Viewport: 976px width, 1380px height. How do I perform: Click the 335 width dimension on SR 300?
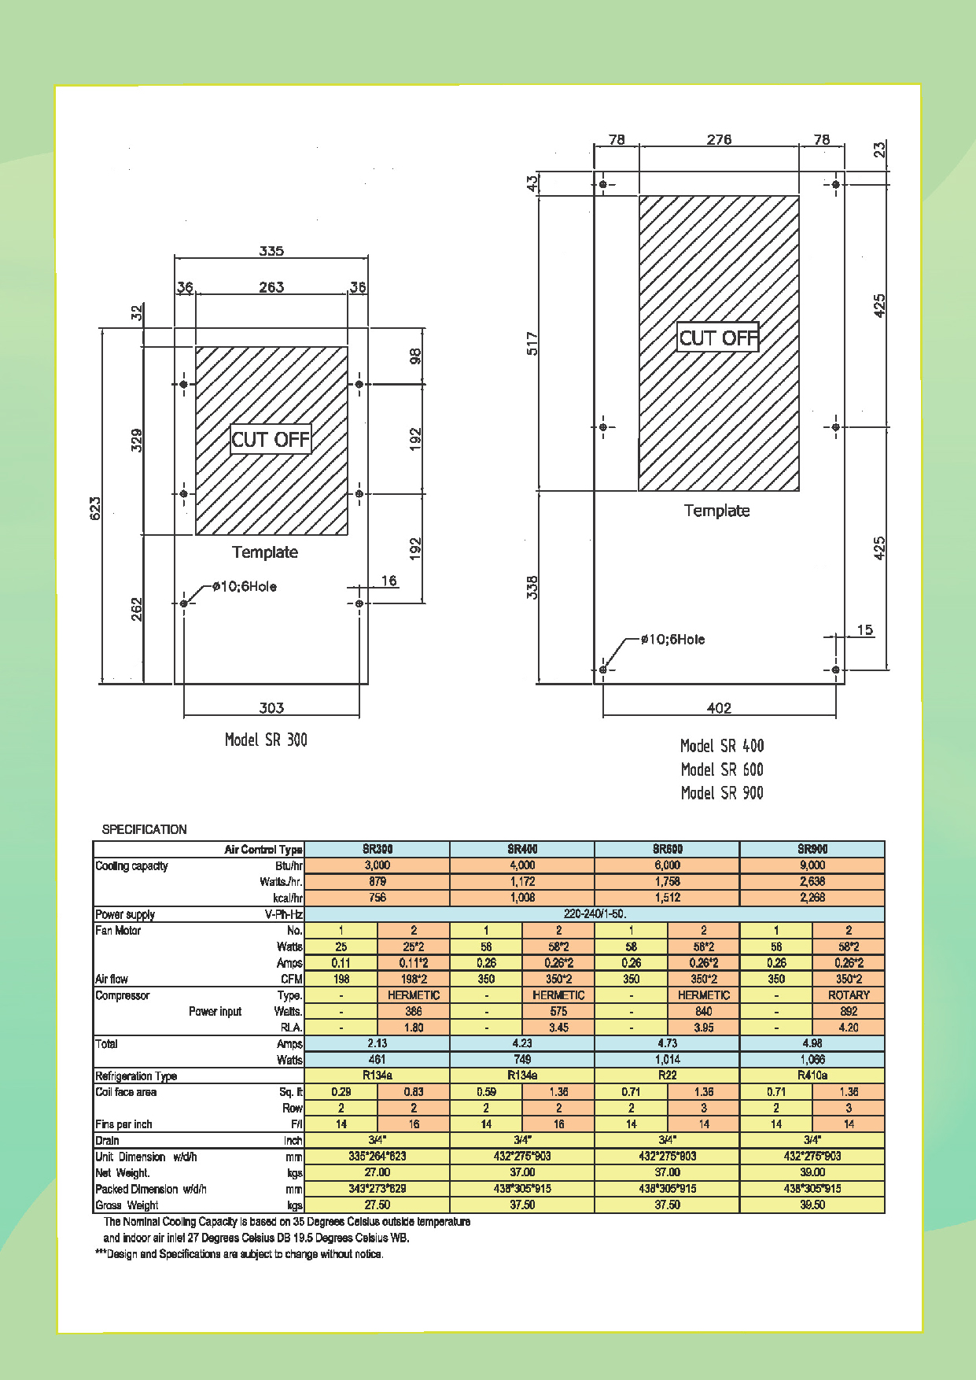click(271, 251)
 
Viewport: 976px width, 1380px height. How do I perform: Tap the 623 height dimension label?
click(95, 508)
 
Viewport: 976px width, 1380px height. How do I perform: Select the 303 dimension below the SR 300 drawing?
click(271, 707)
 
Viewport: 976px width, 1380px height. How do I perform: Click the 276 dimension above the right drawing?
click(719, 139)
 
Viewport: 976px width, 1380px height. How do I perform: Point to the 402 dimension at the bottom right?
click(719, 707)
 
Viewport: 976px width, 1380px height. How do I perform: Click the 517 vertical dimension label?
click(532, 344)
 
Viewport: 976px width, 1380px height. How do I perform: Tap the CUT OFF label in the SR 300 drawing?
click(271, 439)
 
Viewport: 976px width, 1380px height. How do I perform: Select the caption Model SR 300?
click(266, 740)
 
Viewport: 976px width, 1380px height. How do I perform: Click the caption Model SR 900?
click(722, 793)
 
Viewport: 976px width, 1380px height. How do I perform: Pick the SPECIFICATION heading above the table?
click(145, 829)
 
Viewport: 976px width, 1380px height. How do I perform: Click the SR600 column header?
click(667, 849)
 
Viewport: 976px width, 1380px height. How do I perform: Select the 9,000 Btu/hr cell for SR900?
click(812, 865)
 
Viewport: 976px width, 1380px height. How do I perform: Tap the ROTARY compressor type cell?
click(849, 995)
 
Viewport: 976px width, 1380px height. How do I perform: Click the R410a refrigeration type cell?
click(812, 1076)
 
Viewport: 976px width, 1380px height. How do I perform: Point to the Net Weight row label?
click(123, 1173)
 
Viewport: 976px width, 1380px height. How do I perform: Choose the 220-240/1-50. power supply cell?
click(595, 914)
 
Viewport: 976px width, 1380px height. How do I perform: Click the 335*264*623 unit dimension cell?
click(378, 1157)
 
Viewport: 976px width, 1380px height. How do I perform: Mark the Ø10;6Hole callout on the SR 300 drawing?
click(244, 586)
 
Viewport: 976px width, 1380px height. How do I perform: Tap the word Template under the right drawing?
click(716, 511)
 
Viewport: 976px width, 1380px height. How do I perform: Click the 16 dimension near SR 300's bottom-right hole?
click(389, 581)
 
